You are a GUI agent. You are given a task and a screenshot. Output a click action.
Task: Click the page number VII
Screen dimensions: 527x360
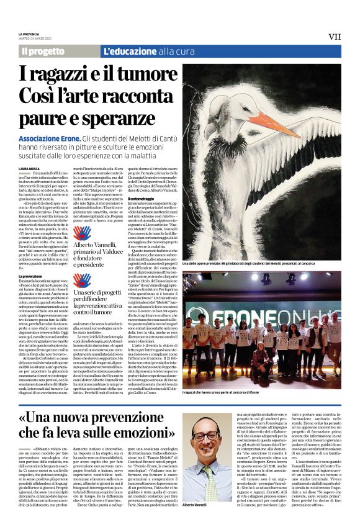tap(335, 36)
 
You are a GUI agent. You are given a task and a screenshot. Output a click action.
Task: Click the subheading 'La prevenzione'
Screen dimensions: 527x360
tap(30, 275)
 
